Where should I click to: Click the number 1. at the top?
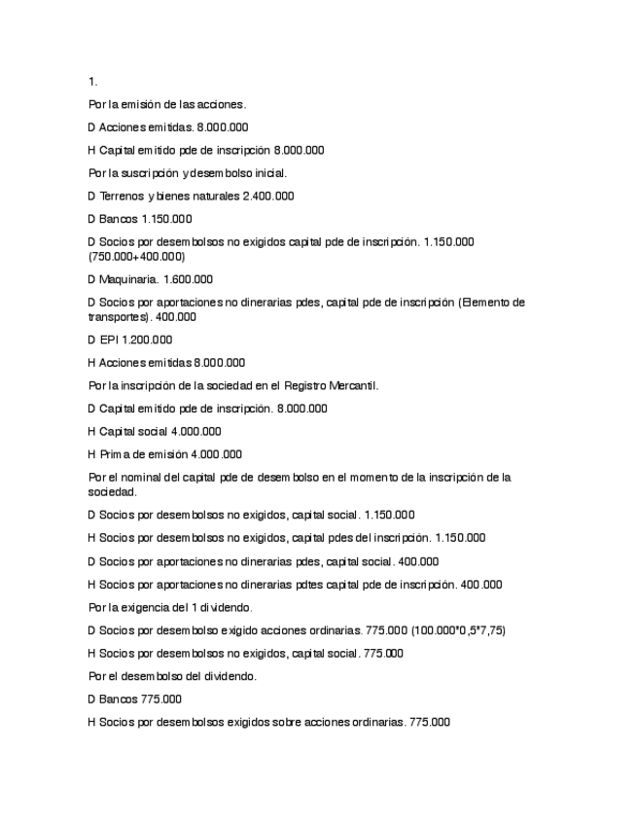click(92, 82)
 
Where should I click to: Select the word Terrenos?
click(122, 197)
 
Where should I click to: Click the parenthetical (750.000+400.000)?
click(135, 257)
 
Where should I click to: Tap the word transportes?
click(116, 316)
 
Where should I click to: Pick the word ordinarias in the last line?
click(379, 723)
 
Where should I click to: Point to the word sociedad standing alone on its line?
click(107, 492)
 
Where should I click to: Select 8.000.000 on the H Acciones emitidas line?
click(219, 363)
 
